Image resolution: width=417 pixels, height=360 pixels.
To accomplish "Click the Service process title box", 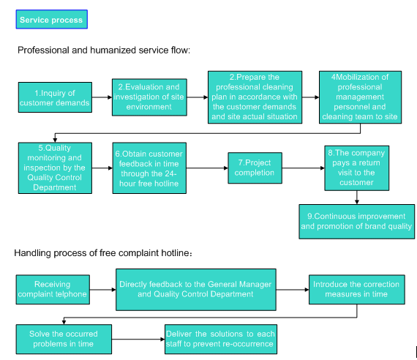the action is coord(52,20).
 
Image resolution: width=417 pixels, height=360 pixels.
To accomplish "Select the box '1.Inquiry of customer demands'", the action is coord(55,97).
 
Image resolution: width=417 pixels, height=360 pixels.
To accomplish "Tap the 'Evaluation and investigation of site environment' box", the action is coord(149,97).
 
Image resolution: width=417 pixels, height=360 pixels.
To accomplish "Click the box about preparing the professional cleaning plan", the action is coord(255,97).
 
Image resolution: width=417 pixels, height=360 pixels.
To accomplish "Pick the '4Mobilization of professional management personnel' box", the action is coord(360,97).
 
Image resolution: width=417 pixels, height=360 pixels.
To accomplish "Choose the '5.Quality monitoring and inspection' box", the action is coord(55,168).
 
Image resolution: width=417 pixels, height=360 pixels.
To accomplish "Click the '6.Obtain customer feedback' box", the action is coord(149,168).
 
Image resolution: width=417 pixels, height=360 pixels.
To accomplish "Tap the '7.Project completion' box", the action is coord(255,168).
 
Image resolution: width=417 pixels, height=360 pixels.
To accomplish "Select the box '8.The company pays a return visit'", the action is coord(356,168).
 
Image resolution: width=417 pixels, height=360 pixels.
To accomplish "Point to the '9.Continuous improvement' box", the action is coord(356,222).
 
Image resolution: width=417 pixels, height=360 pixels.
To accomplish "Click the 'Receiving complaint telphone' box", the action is coord(53,290).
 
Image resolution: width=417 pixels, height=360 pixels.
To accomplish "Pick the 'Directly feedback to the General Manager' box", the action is coord(196,290).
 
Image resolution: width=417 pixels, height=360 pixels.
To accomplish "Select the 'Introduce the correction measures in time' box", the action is coord(356,290).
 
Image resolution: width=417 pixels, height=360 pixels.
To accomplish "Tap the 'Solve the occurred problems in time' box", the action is coord(64,339).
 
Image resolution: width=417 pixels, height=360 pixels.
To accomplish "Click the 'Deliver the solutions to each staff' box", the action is coord(221,339).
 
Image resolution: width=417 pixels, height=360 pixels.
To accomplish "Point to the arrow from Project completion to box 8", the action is coord(303,168).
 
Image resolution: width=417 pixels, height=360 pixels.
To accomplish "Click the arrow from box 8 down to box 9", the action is coord(356,198).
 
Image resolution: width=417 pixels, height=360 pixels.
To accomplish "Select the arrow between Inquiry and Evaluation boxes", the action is coord(102,97).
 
